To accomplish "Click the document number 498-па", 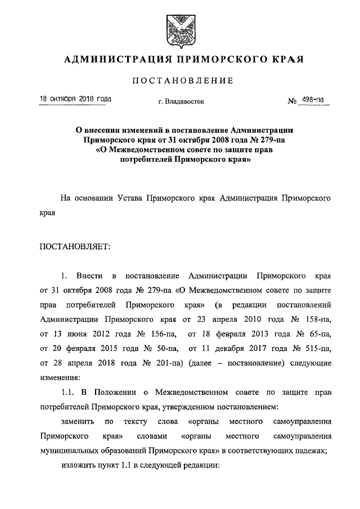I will pyautogui.click(x=312, y=100).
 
